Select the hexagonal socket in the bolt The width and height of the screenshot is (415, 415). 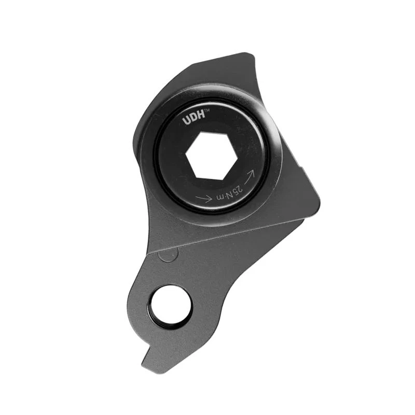[212, 155]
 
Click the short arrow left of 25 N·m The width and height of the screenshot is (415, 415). [204, 198]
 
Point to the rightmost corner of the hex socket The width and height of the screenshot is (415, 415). [237, 154]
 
